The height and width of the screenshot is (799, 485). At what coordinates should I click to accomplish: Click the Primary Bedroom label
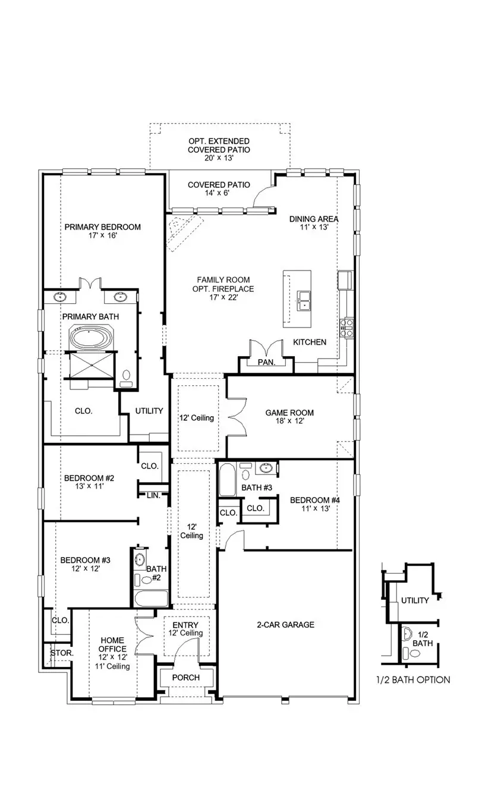102,231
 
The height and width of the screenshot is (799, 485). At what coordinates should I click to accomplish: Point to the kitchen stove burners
345,327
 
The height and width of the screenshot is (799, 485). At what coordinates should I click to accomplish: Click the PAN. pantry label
266,363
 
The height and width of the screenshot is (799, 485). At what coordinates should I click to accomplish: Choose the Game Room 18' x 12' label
289,417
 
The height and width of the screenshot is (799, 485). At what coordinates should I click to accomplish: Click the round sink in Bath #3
266,469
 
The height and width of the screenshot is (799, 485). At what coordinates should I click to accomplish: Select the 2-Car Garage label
285,625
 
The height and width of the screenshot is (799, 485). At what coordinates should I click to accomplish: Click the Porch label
185,678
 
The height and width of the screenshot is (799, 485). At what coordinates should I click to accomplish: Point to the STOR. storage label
61,653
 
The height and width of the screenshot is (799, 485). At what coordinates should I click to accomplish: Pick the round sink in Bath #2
140,559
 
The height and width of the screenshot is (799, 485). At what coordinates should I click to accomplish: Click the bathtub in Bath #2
151,598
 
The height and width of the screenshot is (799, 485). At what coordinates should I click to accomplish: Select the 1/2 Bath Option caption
412,680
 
